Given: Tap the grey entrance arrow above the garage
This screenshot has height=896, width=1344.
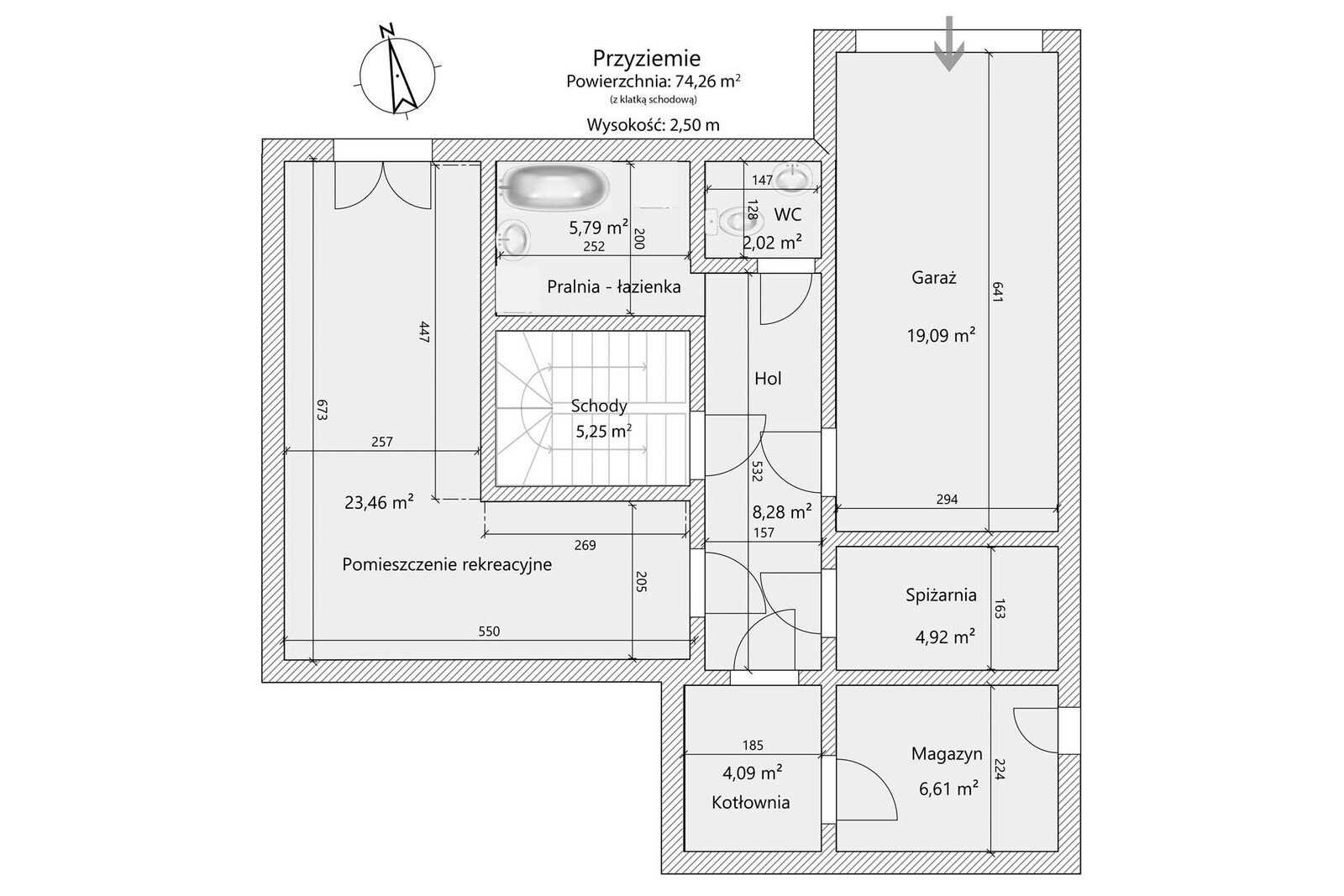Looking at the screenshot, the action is click(949, 44).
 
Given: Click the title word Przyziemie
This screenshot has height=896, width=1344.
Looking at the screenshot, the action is click(647, 58).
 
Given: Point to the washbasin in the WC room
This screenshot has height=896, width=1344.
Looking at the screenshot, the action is click(793, 178).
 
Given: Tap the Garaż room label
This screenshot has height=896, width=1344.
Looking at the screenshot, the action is click(933, 278).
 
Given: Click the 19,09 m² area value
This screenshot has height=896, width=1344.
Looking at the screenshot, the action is click(941, 335).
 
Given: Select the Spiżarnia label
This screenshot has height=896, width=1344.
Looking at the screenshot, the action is click(941, 595).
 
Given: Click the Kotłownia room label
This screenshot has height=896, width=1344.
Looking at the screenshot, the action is click(751, 803).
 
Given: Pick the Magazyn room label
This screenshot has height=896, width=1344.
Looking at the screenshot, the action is click(947, 754).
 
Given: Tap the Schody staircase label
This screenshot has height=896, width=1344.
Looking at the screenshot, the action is click(599, 406).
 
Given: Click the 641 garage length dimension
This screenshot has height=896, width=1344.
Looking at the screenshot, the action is click(997, 292).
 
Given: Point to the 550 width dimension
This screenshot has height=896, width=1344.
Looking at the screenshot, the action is click(489, 631).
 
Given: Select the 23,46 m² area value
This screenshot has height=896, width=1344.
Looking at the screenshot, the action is click(379, 502).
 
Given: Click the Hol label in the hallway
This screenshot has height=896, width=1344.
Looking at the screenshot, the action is click(768, 379).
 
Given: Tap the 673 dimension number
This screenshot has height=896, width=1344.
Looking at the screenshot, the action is click(323, 410).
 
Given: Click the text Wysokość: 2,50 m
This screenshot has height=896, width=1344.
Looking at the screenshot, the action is click(653, 125).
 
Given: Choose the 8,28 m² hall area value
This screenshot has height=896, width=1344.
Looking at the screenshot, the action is click(782, 511).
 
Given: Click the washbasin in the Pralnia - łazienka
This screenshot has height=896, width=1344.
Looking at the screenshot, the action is click(513, 238).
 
